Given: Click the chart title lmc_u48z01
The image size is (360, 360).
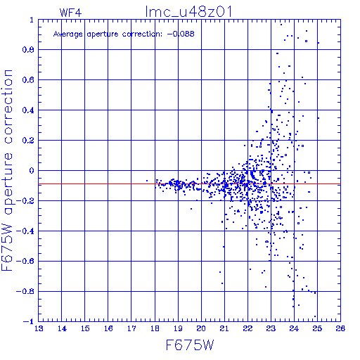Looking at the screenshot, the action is pos(188,12).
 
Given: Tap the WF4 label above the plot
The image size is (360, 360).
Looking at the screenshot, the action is pos(70,13).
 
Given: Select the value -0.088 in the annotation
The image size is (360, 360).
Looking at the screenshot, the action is pos(181,34).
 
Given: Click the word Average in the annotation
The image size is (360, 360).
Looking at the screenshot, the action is pos(68,34).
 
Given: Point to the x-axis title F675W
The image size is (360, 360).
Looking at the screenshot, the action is pos(190,345).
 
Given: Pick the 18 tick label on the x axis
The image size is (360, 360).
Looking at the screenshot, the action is pos(155,328).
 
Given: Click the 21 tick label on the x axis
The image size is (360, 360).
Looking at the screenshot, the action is pos(224,328).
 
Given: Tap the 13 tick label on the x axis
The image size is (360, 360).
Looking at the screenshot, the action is pos(39,328).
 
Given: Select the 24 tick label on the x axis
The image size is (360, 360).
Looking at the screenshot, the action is pos(294,328).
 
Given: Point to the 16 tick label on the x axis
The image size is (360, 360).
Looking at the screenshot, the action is pos(108,328).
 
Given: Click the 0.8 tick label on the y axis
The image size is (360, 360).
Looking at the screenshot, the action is pos(28,50).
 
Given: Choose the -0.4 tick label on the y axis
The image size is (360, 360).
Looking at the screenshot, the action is pos(25,231).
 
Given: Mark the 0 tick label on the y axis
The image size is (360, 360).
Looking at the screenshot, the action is pos(32,171).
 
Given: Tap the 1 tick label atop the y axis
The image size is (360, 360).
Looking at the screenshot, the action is pos(32,20).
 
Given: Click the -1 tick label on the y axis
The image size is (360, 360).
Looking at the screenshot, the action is pos(29,321).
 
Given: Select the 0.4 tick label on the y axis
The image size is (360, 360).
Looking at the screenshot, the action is pos(28,110).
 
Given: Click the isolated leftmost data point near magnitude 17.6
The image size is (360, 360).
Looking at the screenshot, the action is pos(147,181).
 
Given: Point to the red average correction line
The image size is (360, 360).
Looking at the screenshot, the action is pos(189,184).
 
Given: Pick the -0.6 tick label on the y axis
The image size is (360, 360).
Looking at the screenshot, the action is pos(25,261).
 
